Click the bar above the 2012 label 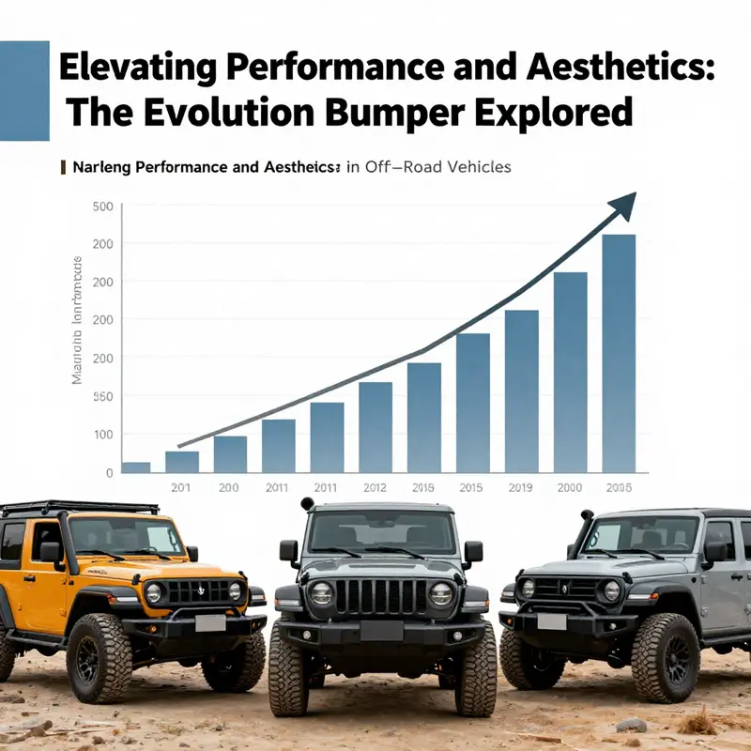point(375,426)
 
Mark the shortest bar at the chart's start point(136,467)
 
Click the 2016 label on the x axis point(424,487)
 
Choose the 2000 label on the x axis point(570,487)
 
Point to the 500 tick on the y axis point(103,207)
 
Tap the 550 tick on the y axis point(103,397)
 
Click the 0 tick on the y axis point(110,473)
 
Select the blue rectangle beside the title point(23,90)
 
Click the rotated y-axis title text point(78,319)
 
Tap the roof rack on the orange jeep point(80,508)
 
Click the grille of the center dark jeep point(381,595)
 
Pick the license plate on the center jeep point(381,631)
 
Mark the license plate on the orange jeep point(210,623)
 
